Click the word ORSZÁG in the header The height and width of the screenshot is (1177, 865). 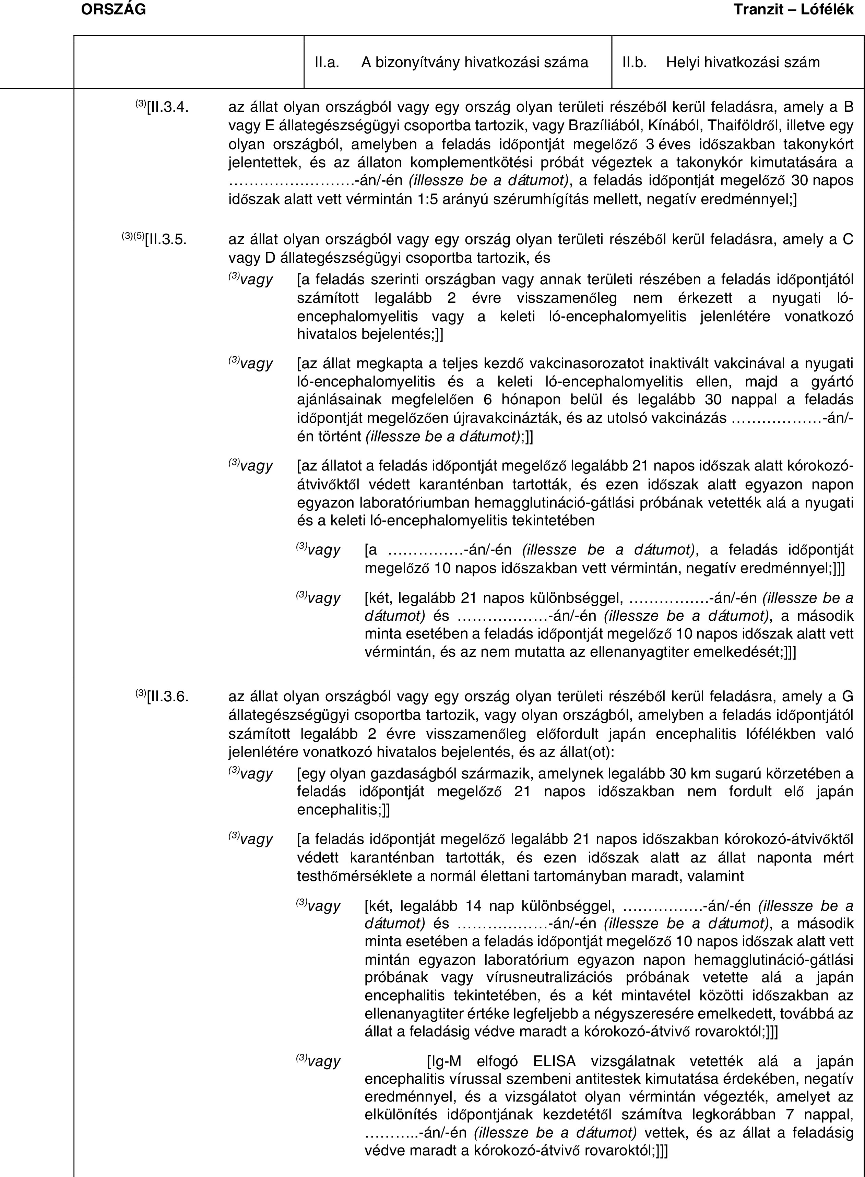(114, 9)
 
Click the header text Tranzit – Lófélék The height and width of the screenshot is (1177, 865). (793, 9)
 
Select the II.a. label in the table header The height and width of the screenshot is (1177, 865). (326, 63)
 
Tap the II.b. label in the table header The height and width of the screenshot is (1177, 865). (634, 63)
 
